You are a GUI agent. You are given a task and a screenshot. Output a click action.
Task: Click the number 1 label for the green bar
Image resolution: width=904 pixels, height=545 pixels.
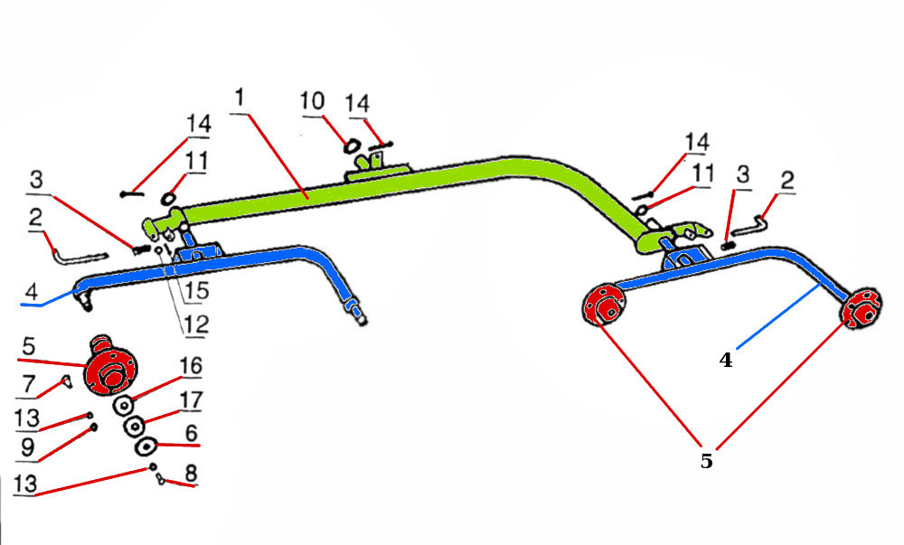click(239, 95)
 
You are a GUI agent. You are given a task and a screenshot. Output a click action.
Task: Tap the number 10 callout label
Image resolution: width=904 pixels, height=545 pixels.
click(312, 100)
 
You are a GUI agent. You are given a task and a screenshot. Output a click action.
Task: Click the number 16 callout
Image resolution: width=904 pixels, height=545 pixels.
click(191, 366)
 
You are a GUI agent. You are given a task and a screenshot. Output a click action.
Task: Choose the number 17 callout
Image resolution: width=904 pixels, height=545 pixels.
click(191, 399)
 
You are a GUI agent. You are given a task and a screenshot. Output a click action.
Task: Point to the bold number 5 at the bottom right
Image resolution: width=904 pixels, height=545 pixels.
click(706, 460)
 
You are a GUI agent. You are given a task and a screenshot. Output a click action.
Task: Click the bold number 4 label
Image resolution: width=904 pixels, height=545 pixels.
click(726, 359)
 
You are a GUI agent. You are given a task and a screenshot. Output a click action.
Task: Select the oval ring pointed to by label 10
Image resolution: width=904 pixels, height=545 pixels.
click(351, 145)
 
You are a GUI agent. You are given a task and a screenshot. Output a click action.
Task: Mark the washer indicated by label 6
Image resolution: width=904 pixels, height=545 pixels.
click(146, 446)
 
